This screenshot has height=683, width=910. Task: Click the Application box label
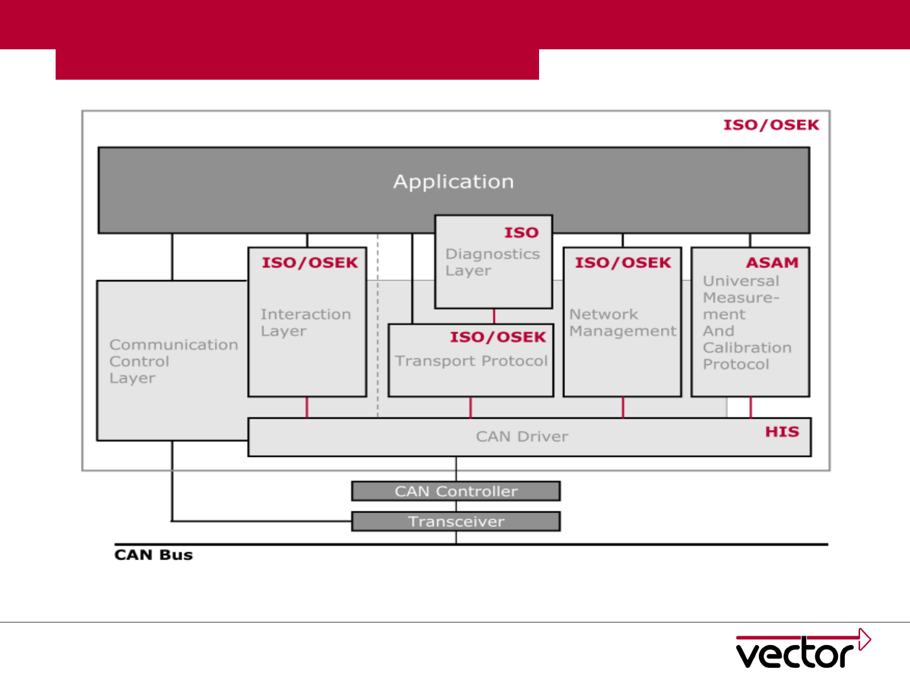454,182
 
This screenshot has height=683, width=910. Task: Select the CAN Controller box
456,491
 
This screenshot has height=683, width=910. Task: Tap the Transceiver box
456,522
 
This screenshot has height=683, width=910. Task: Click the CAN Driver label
522,437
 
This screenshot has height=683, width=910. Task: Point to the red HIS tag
782,432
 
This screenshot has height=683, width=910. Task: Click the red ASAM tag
772,262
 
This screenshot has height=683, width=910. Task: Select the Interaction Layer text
305,323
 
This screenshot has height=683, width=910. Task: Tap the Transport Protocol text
471,361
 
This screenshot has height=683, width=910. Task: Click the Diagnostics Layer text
492,262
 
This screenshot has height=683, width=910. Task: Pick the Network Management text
622,323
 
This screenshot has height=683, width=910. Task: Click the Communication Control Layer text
173,361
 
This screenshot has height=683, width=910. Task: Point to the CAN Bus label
154,555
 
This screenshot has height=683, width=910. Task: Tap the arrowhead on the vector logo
864,639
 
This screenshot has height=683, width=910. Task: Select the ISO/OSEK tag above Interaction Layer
310,262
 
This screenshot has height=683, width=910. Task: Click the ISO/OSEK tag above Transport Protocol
497,337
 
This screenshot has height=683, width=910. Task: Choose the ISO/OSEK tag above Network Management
622,262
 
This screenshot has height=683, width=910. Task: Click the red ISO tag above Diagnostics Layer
521,233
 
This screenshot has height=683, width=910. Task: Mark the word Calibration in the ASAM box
747,348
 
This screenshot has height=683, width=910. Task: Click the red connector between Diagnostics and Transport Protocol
494,316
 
